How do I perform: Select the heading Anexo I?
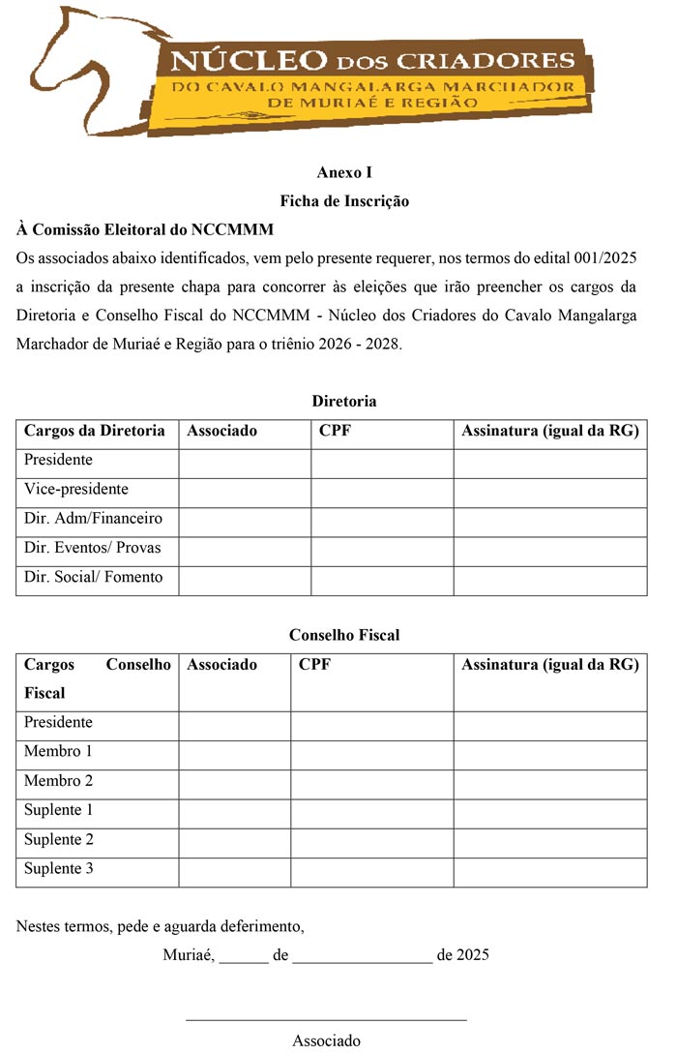(x=344, y=173)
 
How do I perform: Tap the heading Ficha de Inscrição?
(x=344, y=201)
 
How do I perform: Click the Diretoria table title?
(x=344, y=401)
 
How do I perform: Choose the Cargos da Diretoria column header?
(x=95, y=431)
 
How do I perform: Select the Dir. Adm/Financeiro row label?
(x=93, y=519)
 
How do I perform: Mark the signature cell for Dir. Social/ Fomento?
(x=549, y=580)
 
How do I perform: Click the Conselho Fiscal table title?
(x=344, y=635)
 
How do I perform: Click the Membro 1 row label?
(x=59, y=751)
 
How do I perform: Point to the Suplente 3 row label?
(x=59, y=868)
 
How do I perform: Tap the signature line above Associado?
(x=326, y=1017)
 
